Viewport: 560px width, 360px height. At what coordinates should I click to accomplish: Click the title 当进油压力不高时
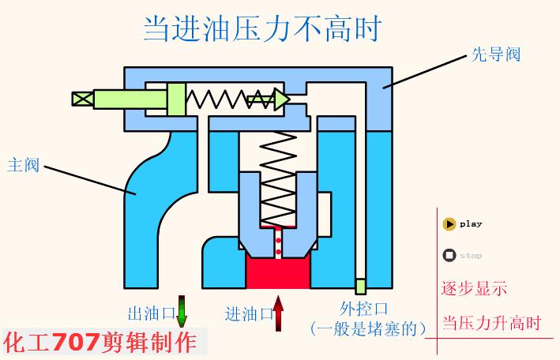pyautogui.click(x=261, y=29)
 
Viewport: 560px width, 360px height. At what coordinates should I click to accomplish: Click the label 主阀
pyautogui.click(x=23, y=166)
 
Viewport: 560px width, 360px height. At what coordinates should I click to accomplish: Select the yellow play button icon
pyautogui.click(x=449, y=224)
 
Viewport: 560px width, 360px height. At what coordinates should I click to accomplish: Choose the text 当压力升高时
pyautogui.click(x=490, y=323)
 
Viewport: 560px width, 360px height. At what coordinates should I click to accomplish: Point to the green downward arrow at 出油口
pyautogui.click(x=182, y=311)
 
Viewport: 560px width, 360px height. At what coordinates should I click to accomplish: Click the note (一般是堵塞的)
pyautogui.click(x=368, y=327)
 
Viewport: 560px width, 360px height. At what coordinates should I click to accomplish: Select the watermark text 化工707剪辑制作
pyautogui.click(x=100, y=343)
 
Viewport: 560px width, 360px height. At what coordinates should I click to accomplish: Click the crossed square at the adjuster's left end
pyautogui.click(x=81, y=99)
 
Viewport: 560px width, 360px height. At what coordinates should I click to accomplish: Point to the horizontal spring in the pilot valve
pyautogui.click(x=216, y=99)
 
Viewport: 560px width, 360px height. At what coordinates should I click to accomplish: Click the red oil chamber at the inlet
pyautogui.click(x=277, y=272)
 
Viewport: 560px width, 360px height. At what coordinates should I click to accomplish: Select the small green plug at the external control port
pyautogui.click(x=360, y=286)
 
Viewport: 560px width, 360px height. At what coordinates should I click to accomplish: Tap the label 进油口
pyautogui.click(x=248, y=311)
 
